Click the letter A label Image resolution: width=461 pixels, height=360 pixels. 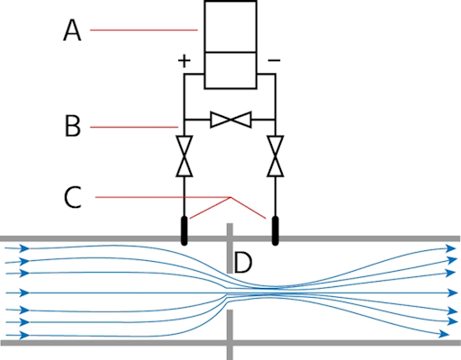[72, 30]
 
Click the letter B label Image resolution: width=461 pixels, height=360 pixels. [73, 126]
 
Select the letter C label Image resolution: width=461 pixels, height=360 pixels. [73, 197]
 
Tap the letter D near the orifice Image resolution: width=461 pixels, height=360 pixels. [242, 263]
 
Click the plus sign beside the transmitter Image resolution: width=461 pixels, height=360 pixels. [185, 61]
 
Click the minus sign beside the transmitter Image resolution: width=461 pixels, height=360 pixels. [274, 60]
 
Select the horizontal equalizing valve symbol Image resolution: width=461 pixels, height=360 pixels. [230, 120]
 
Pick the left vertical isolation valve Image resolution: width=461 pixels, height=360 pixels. [185, 156]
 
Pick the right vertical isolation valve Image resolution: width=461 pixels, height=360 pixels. [276, 156]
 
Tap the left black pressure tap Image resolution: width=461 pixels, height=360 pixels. [185, 230]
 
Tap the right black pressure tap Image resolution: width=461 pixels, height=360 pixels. [275, 230]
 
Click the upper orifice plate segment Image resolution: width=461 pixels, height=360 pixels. [230, 248]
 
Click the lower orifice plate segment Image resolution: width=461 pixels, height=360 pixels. [230, 335]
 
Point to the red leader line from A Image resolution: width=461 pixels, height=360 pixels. [144, 30]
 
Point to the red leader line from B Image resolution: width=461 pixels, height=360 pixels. [134, 127]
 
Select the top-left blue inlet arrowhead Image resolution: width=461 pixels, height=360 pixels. [24, 248]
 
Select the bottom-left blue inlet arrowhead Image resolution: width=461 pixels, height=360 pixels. [24, 335]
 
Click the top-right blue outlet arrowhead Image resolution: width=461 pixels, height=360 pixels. [451, 248]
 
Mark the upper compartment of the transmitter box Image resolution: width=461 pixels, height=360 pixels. [230, 26]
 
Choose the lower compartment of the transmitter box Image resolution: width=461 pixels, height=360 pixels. [230, 70]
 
